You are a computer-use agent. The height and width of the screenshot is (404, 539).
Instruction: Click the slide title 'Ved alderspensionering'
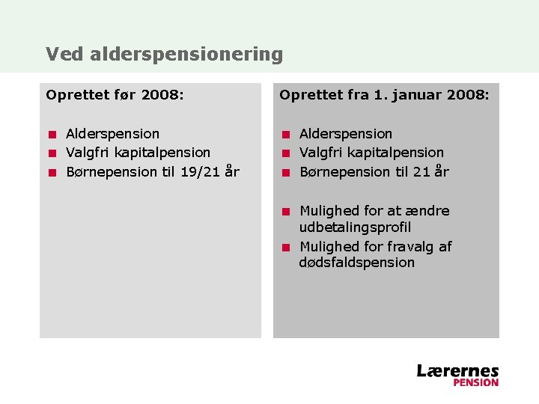point(164,55)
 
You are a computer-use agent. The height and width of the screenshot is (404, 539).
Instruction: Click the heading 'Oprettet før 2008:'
point(115,95)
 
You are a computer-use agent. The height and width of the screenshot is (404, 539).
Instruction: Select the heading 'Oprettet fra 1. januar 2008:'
point(384,95)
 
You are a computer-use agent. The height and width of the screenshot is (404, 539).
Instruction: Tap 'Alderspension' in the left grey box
point(112,134)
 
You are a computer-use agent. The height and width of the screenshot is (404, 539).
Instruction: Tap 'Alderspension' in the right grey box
point(346,134)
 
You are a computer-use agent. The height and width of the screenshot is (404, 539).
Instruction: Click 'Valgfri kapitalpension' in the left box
point(138,153)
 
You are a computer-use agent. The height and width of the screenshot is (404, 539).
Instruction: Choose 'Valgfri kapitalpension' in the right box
point(371,153)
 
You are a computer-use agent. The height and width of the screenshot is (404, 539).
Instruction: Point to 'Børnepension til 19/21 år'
point(153,171)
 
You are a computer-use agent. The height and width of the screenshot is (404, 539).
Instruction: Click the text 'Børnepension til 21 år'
point(374,171)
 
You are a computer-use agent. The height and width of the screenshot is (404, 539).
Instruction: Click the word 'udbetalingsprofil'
point(355,227)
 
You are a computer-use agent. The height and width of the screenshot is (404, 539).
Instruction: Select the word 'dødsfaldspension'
point(356,263)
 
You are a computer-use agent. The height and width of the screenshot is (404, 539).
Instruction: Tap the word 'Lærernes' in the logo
point(457,370)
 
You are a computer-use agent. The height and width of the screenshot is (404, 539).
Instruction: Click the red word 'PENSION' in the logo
point(475,382)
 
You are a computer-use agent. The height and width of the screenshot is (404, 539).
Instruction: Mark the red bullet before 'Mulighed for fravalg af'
point(285,247)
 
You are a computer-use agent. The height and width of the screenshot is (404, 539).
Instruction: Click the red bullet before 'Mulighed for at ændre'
point(285,211)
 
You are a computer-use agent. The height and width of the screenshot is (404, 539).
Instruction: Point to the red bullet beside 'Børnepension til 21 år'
point(285,172)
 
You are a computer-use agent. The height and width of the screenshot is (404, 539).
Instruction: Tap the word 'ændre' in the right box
point(427,211)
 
